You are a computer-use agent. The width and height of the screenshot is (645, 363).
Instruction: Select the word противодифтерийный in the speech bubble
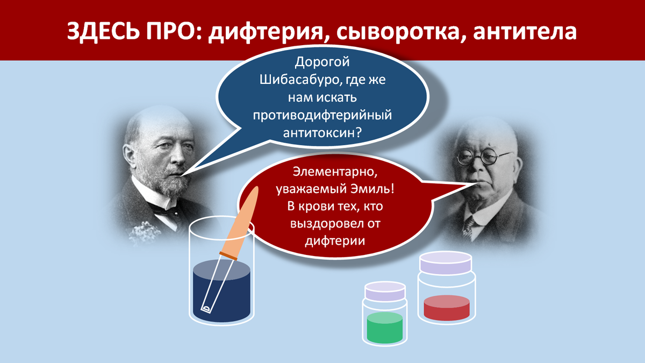pyautogui.click(x=322, y=115)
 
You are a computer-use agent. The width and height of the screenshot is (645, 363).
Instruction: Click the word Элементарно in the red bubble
pyautogui.click(x=332, y=172)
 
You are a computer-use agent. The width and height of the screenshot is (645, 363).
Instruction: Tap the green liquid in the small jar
pyautogui.click(x=385, y=328)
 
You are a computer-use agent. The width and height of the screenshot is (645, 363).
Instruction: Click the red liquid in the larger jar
pyautogui.click(x=447, y=308)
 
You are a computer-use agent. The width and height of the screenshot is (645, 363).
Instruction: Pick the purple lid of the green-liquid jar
pyautogui.click(x=385, y=291)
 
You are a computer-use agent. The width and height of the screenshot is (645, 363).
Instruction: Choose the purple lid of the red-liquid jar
pyautogui.click(x=446, y=263)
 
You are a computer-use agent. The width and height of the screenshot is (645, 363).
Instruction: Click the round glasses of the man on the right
pyautogui.click(x=484, y=157)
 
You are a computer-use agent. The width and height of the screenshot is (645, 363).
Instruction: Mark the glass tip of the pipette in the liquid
pyautogui.click(x=206, y=309)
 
